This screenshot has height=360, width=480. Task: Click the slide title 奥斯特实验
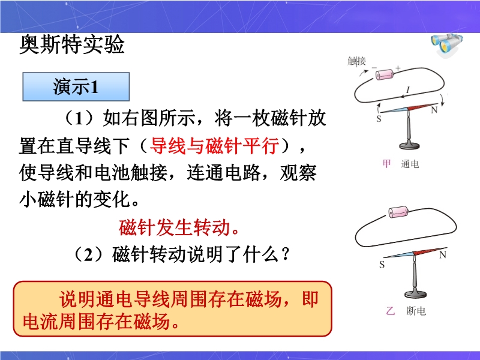pos(72,44)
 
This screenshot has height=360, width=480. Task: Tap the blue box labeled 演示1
pos(76,86)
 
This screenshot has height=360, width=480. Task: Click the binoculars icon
pos(447,44)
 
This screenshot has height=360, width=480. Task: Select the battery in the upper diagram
pos(385,74)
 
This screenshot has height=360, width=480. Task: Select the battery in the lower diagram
pos(398,212)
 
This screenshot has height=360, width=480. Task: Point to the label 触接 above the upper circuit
pos(356,61)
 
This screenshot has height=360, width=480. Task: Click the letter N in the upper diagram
pos(434,110)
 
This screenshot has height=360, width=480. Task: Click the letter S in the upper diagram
pos(379,118)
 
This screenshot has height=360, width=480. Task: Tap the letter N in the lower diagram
pos(443,254)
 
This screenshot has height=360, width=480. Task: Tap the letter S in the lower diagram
pos(382,265)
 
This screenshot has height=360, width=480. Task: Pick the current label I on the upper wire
pos(408,90)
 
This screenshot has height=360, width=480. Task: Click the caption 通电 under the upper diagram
pos(410,164)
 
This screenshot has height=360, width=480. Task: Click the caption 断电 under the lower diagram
pos(416,311)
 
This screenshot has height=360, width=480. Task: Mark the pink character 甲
pos(386,164)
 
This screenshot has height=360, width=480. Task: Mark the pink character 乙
pos(391,311)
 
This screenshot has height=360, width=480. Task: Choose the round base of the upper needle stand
pos(410,145)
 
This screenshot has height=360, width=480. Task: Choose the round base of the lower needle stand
pos(415,294)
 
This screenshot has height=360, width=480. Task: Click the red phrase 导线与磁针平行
pos(215,145)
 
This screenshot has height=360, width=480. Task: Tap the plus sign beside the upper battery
pos(398,68)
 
